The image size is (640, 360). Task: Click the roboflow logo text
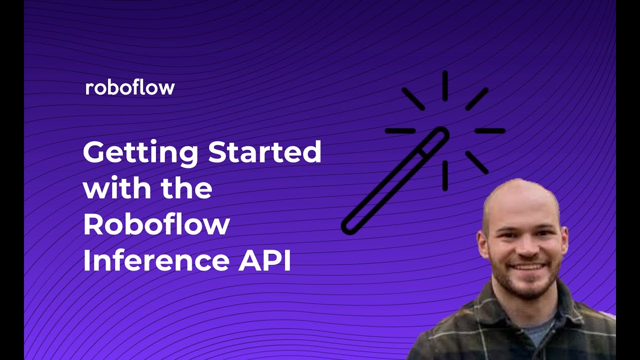pos(130,88)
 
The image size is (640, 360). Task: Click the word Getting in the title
pos(140,152)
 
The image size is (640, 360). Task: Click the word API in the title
pos(264,261)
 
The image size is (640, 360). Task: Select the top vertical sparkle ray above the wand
pos(444,85)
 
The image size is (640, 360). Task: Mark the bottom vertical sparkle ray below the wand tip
pos(444,175)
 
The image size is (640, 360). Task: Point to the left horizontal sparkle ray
pos(400,131)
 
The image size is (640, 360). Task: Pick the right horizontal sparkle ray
pos(489,131)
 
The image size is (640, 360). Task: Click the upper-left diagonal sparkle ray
pos(413,99)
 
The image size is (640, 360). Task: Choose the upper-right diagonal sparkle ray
pos(476,99)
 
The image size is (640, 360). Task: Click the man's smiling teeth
pos(524,266)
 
